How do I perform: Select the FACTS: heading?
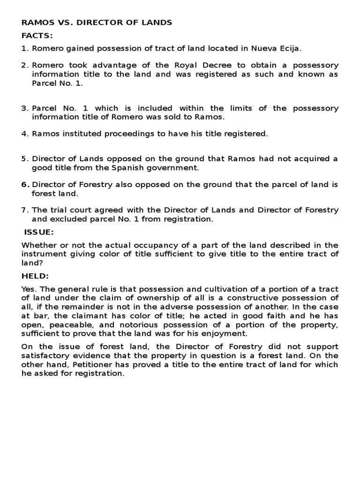tap(37, 35)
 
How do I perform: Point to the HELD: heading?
tap(35, 276)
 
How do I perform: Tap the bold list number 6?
tap(25, 184)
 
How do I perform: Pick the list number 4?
tap(25, 134)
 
